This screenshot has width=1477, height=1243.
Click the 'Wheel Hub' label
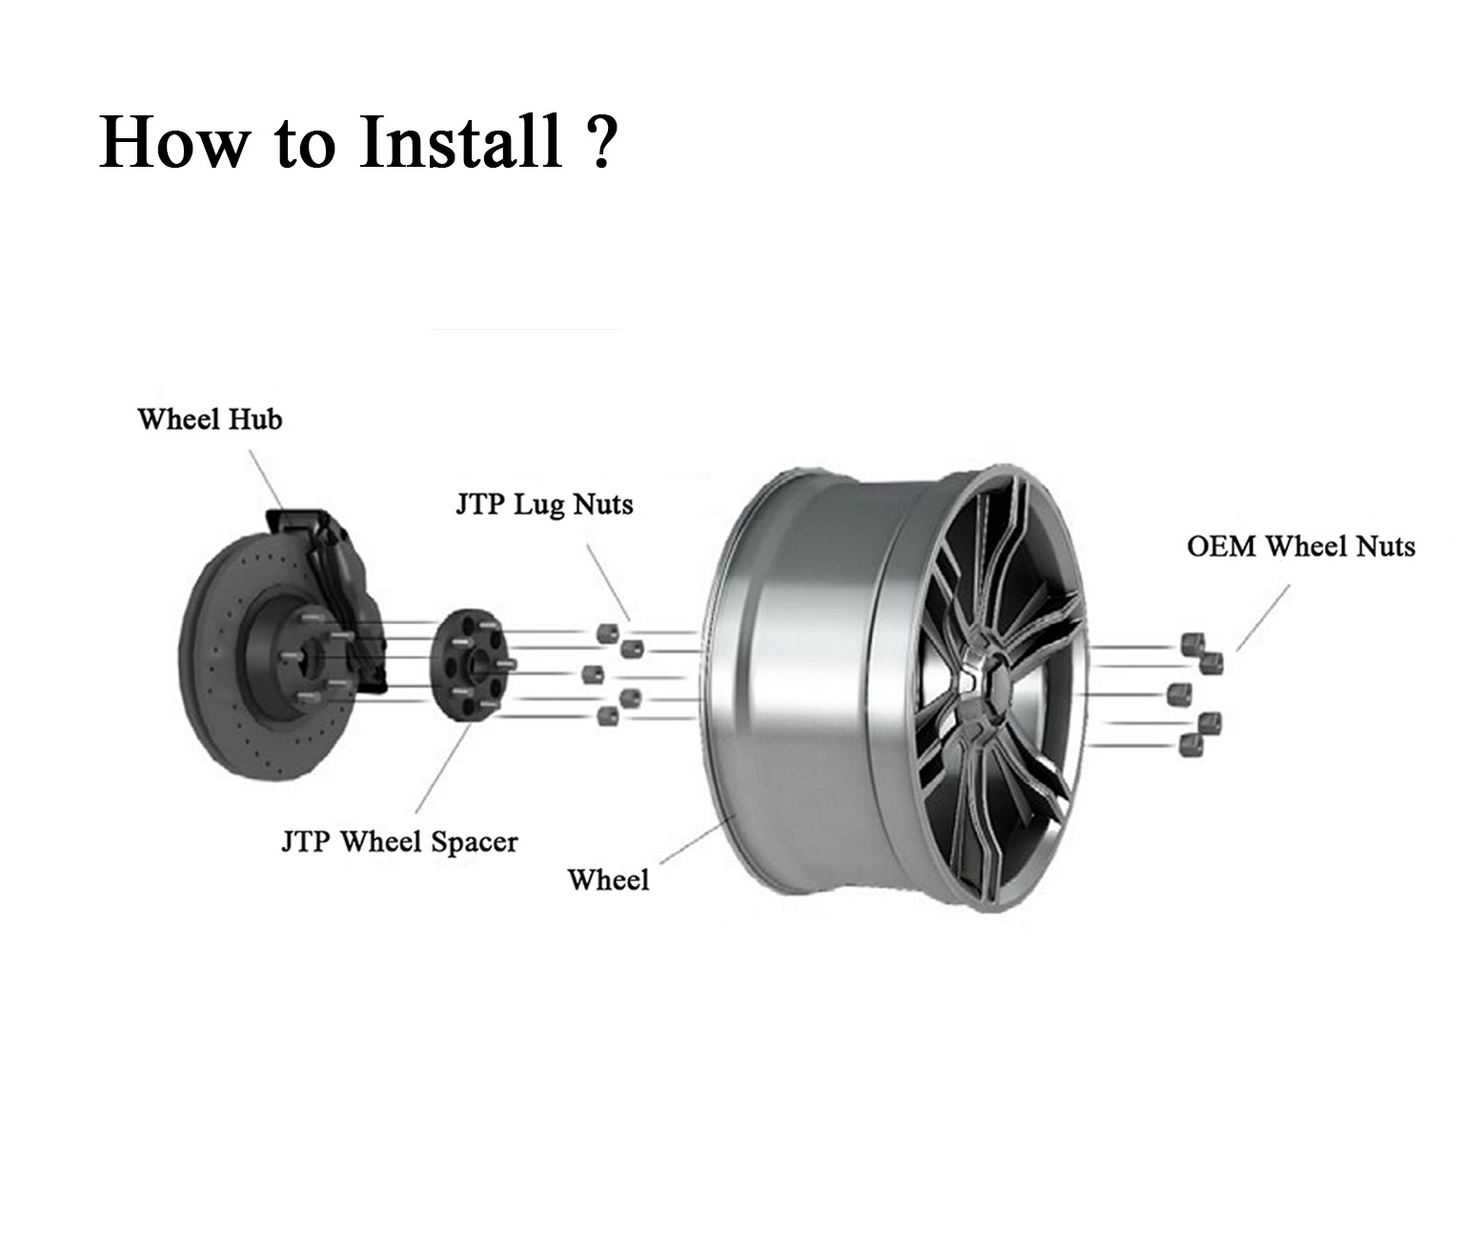point(210,419)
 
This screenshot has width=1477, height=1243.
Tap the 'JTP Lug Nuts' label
point(544,504)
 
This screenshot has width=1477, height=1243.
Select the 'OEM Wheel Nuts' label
point(1301,547)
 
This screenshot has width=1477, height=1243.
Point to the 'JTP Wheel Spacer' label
point(399,843)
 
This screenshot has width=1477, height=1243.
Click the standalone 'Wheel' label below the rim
point(608,880)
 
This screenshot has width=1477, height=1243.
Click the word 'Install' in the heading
point(459,143)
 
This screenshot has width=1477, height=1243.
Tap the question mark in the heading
point(599,143)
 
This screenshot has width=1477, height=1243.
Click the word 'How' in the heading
point(172,143)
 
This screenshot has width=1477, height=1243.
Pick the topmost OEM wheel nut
point(1191,643)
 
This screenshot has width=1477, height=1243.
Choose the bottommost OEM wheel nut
point(1190,745)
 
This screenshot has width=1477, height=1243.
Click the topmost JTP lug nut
point(605,632)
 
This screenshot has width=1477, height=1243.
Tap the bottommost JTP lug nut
point(604,715)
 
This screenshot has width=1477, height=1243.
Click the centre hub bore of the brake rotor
point(303,658)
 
